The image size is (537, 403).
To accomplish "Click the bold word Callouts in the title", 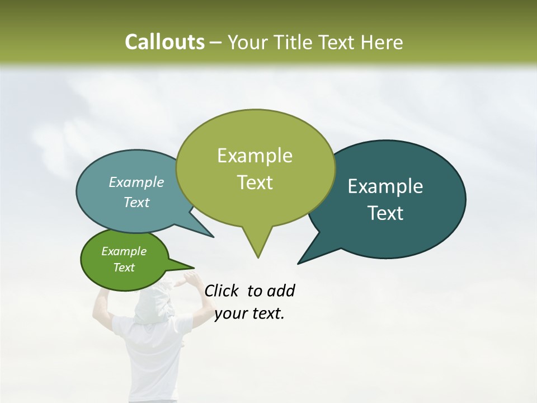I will pyautogui.click(x=164, y=43).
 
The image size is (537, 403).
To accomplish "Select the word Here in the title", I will pyautogui.click(x=383, y=43).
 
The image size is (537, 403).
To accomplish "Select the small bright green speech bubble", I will pyautogui.click(x=101, y=274).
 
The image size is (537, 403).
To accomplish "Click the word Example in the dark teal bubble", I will pyautogui.click(x=385, y=186).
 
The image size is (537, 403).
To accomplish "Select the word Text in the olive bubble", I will pyautogui.click(x=255, y=182).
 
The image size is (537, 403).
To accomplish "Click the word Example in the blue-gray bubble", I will pyautogui.click(x=136, y=182).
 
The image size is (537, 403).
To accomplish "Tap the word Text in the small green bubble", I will pyautogui.click(x=124, y=268).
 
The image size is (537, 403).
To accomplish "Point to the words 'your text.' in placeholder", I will pyautogui.click(x=249, y=314).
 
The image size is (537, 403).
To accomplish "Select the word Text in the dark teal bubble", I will pyautogui.click(x=386, y=213).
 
